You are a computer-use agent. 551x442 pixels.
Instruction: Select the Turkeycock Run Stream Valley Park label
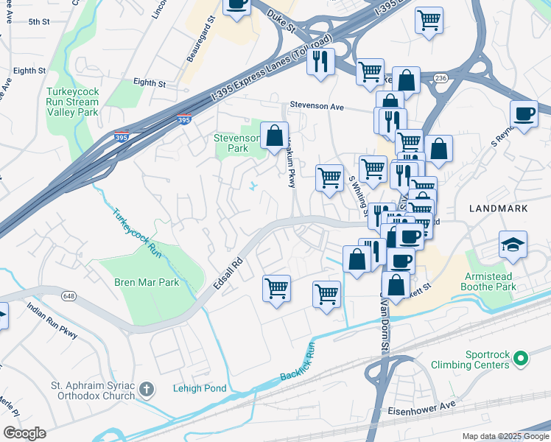point(71,102)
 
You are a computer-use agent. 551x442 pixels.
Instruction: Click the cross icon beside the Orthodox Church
point(147,388)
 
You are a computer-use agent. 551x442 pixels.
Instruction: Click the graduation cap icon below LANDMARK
point(513,244)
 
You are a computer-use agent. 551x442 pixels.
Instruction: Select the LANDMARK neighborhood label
point(498,208)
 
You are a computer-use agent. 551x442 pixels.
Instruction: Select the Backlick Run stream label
point(297,362)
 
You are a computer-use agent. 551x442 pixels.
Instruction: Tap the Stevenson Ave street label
point(317,106)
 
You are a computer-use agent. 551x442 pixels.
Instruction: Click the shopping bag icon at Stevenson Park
point(274,136)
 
